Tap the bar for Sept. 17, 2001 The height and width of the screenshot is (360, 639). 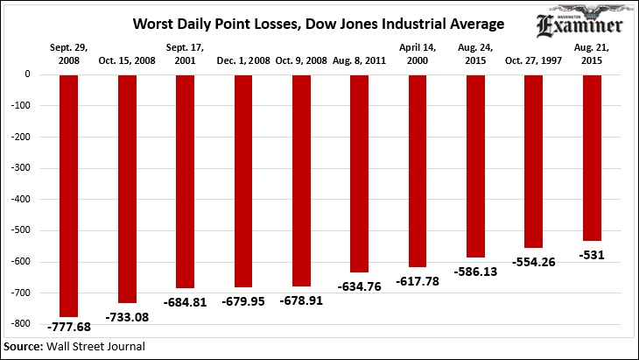coord(185,180)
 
